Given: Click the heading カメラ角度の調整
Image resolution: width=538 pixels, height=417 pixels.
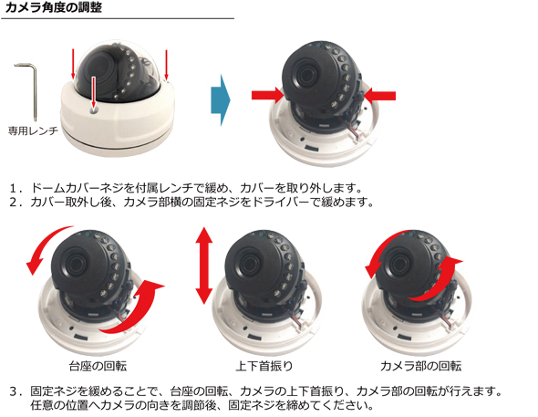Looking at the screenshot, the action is coord(54,7).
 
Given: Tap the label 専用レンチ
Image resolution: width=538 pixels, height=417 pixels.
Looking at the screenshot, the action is coord(33,130).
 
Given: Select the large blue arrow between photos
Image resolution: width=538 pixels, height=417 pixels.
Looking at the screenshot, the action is coord(221,100).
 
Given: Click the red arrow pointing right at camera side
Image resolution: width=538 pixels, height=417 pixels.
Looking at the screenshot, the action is coord(267,95).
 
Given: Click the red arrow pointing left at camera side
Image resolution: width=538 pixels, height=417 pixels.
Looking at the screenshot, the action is coord(379,96).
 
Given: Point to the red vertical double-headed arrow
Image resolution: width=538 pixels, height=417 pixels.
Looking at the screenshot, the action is coord(204,266).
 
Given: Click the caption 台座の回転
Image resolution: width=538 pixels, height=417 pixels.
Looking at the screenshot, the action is coord(98,366).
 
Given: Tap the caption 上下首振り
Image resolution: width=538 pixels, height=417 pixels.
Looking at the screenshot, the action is coord(264,366).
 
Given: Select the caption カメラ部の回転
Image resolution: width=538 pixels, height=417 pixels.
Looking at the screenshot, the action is coord(420,366).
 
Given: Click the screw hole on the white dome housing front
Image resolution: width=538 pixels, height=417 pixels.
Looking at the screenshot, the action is coord(94,109).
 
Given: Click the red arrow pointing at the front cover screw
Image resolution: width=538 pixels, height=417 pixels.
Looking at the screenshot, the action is coord(93,92).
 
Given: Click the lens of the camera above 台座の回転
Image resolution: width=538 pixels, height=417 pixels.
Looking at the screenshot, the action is coord(77,264).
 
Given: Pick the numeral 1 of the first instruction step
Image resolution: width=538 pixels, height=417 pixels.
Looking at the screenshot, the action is coord(13,188).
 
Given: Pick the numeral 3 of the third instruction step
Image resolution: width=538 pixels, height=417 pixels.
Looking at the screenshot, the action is coord(13,391).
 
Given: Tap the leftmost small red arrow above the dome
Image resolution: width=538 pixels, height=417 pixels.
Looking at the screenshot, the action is coord(73,64).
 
